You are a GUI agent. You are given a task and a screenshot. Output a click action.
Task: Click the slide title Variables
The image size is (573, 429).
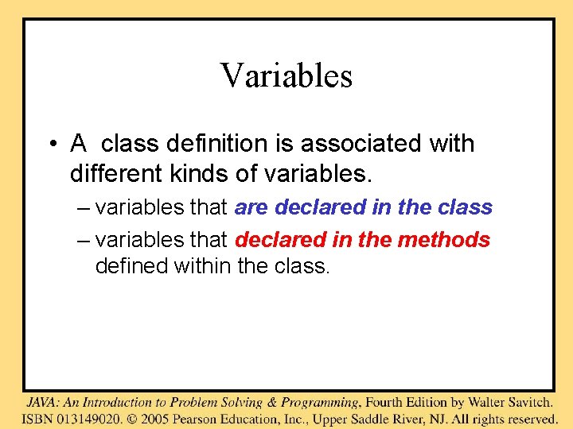[x=286, y=76]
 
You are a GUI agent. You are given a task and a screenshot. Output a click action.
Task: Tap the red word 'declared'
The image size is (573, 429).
[x=281, y=239]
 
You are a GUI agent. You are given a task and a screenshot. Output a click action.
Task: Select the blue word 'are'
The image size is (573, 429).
[x=251, y=207]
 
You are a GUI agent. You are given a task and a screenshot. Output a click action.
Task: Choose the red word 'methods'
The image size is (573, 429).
[x=454, y=239]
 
